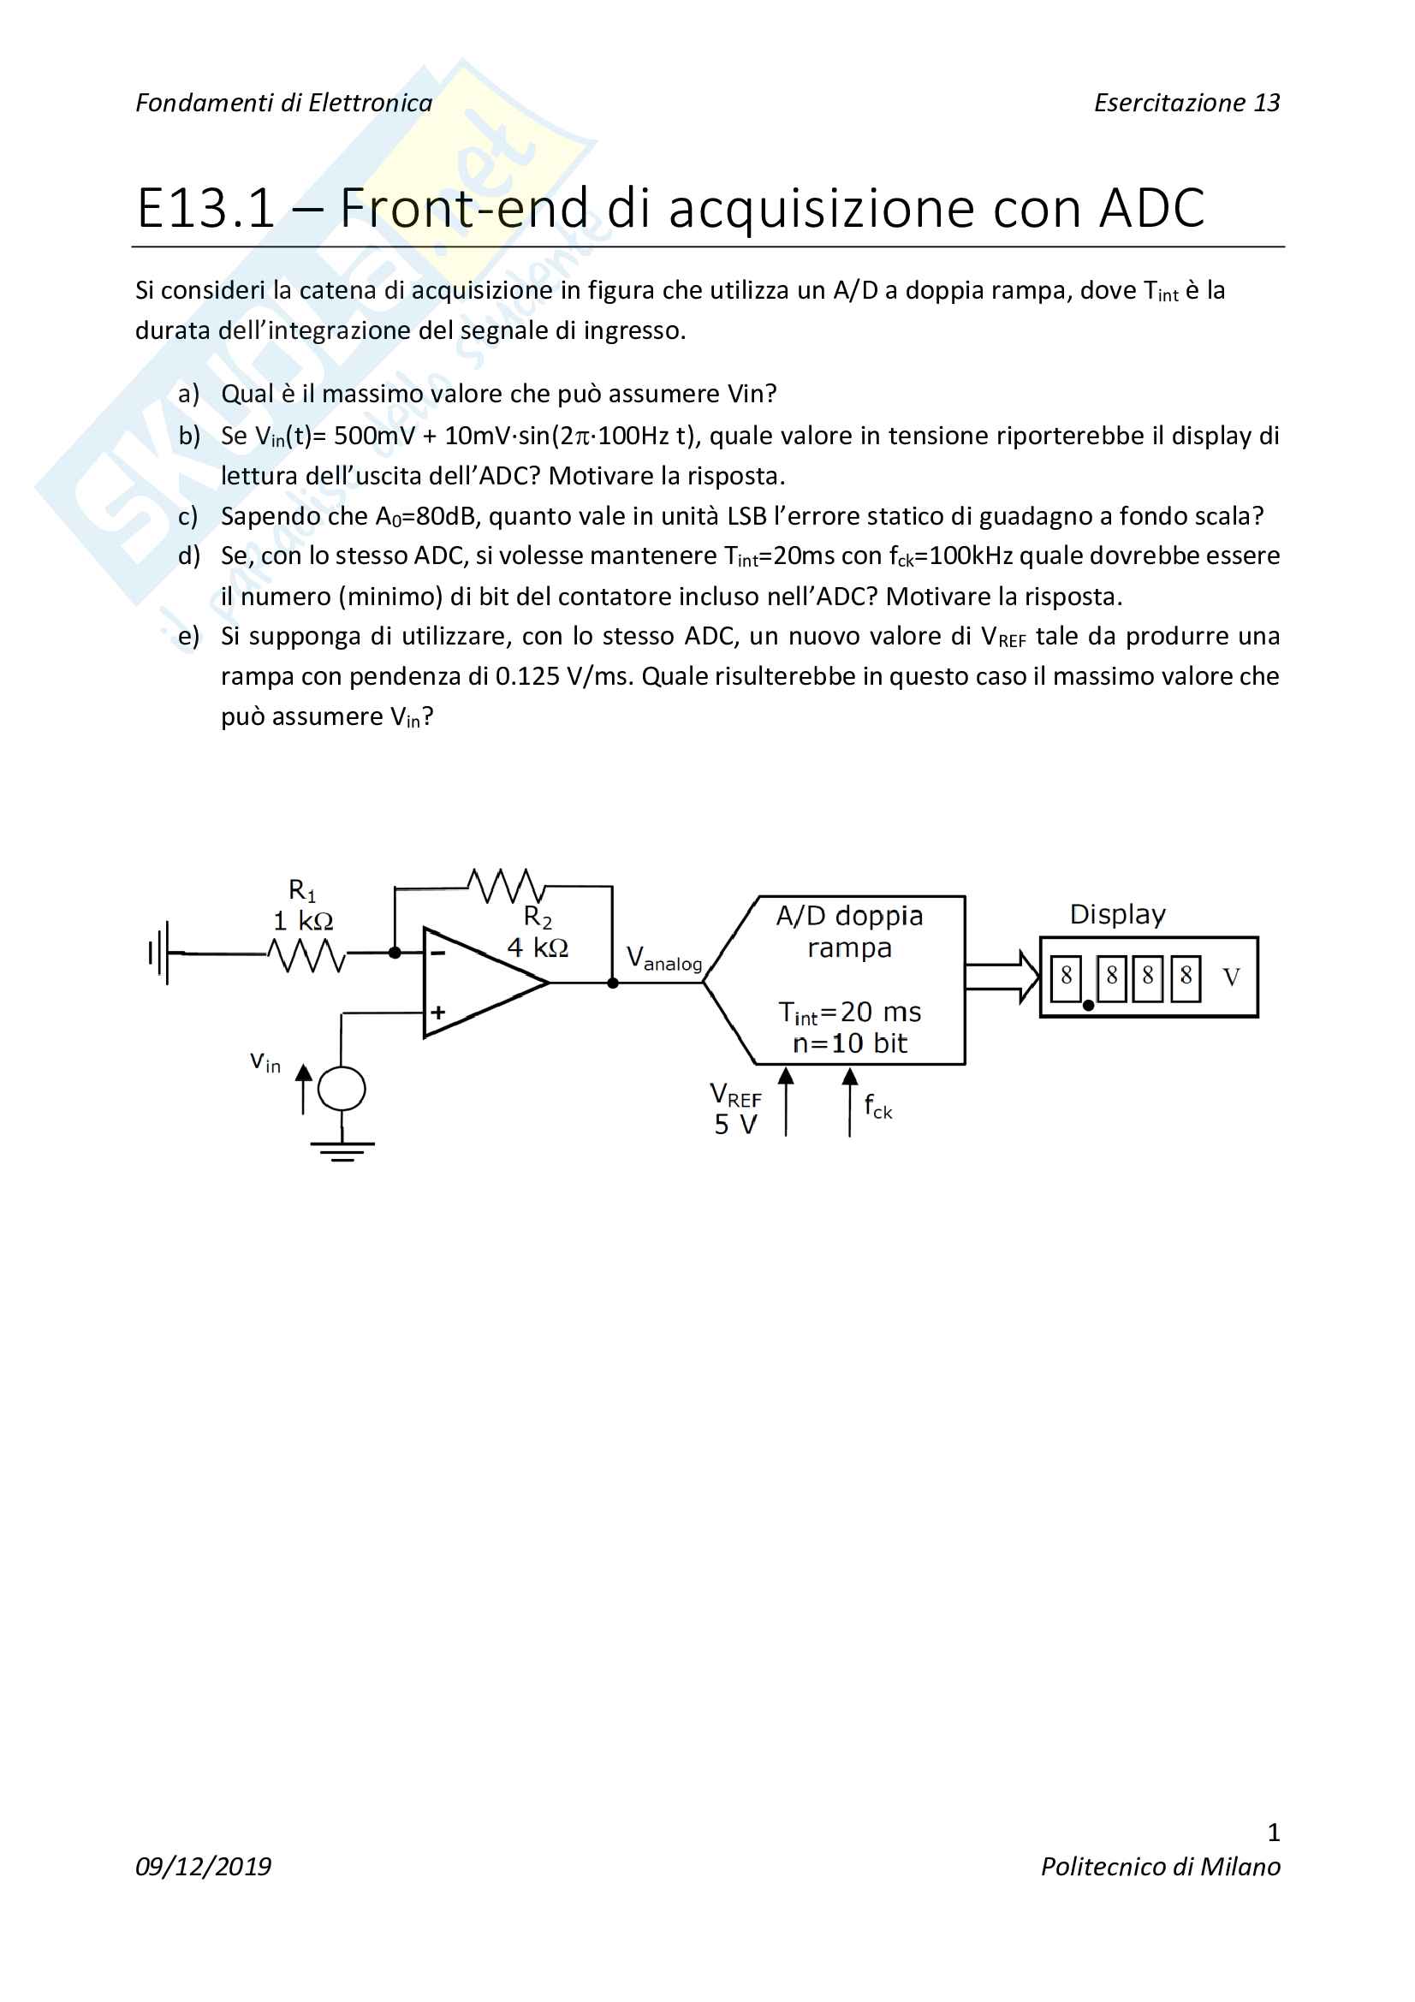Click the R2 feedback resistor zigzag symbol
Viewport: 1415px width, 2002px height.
(506, 886)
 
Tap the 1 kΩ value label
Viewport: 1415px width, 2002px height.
(302, 921)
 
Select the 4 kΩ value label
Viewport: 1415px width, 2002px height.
(537, 947)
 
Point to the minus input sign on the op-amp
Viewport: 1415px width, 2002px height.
(437, 953)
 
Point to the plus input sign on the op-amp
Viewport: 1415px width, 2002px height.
(437, 1013)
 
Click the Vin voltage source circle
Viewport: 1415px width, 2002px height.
(342, 1089)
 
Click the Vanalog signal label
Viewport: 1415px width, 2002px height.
(663, 959)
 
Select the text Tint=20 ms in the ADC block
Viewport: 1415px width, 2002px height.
(849, 1013)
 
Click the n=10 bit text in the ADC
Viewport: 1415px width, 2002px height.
(849, 1043)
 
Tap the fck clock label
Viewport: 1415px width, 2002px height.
(878, 1107)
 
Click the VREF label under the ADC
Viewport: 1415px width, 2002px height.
(735, 1096)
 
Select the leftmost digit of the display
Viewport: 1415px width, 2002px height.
(1066, 977)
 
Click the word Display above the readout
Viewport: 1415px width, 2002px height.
(1117, 915)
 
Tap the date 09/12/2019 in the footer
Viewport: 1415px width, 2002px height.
(203, 1866)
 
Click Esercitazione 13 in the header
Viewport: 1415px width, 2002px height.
(1186, 103)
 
